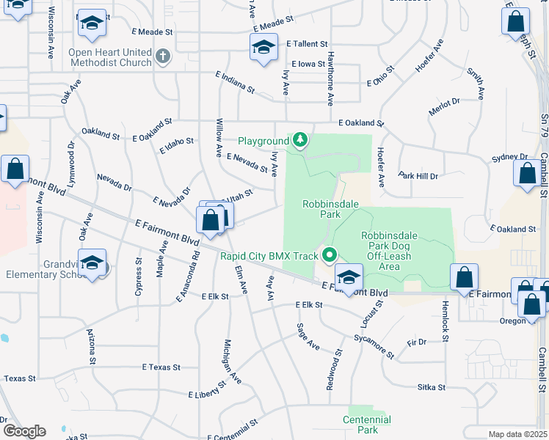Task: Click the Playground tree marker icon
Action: pyautogui.click(x=299, y=140)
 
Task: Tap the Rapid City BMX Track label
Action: pyautogui.click(x=269, y=256)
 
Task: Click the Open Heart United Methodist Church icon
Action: pyautogui.click(x=163, y=55)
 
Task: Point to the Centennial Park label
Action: pyautogui.click(x=367, y=425)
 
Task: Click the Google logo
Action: pyautogui.click(x=23, y=430)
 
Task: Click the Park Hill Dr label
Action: pyautogui.click(x=418, y=176)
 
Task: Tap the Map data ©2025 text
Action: pyautogui.click(x=517, y=434)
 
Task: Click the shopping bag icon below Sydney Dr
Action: pyautogui.click(x=527, y=175)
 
